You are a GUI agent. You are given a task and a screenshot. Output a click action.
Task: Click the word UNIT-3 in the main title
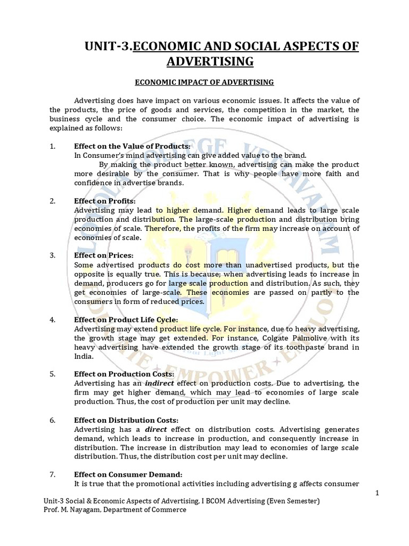point(108,47)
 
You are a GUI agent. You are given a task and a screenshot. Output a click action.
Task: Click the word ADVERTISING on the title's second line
point(210,62)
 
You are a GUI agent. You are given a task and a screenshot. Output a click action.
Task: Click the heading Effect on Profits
point(105,201)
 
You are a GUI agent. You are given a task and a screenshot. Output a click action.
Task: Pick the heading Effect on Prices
point(104,255)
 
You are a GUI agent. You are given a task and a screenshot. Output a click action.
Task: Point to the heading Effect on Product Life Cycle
point(126,319)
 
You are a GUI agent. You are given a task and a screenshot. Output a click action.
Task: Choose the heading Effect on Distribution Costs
point(126,420)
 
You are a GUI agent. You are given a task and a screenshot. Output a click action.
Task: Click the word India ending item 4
point(84,356)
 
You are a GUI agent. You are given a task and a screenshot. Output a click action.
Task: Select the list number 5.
point(52,374)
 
